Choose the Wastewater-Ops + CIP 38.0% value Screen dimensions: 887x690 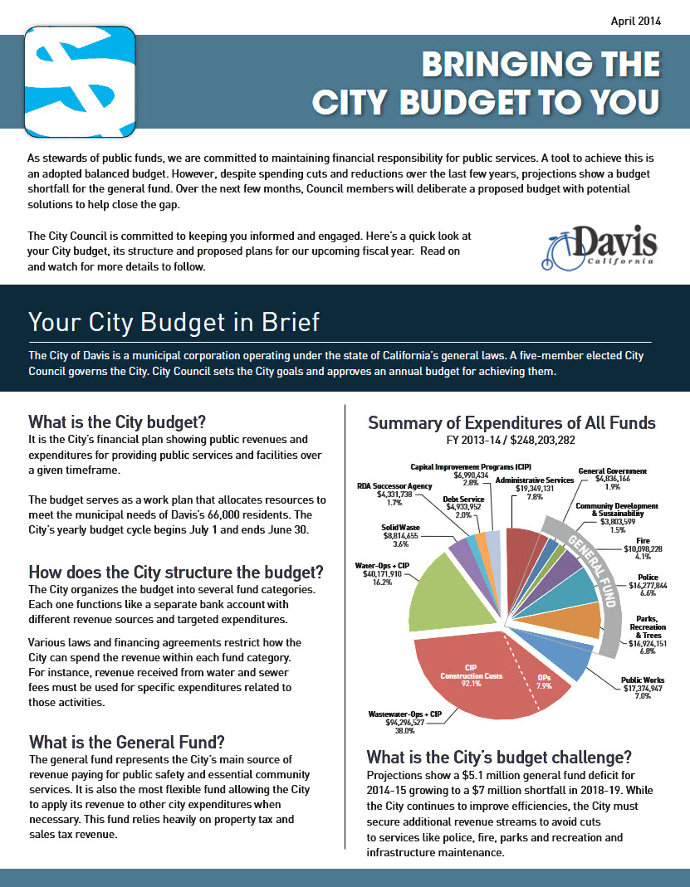402,732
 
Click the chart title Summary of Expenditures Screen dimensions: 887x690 511,423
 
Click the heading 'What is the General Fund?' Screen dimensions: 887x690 127,741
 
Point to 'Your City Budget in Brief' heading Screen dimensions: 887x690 174,321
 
